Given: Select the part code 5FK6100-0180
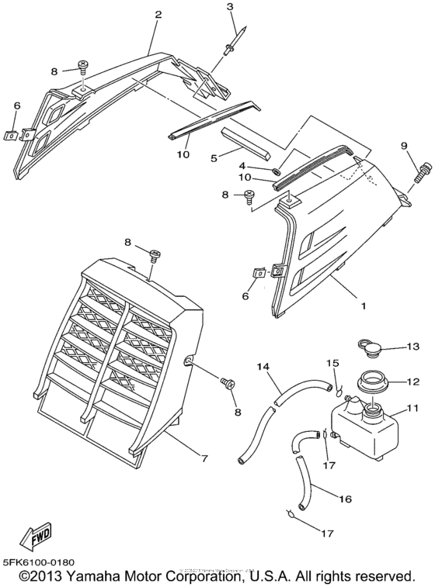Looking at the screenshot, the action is pos(40,562).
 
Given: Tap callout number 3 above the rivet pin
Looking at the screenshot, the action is pos(229,6).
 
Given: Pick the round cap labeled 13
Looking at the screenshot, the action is pos(370,348).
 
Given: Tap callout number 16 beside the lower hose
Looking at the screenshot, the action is pos(345,499).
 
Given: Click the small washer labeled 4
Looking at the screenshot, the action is pos(277,172).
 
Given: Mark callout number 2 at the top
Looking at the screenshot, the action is pos(158,15).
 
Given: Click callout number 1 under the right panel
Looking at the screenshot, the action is pos(363,306).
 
